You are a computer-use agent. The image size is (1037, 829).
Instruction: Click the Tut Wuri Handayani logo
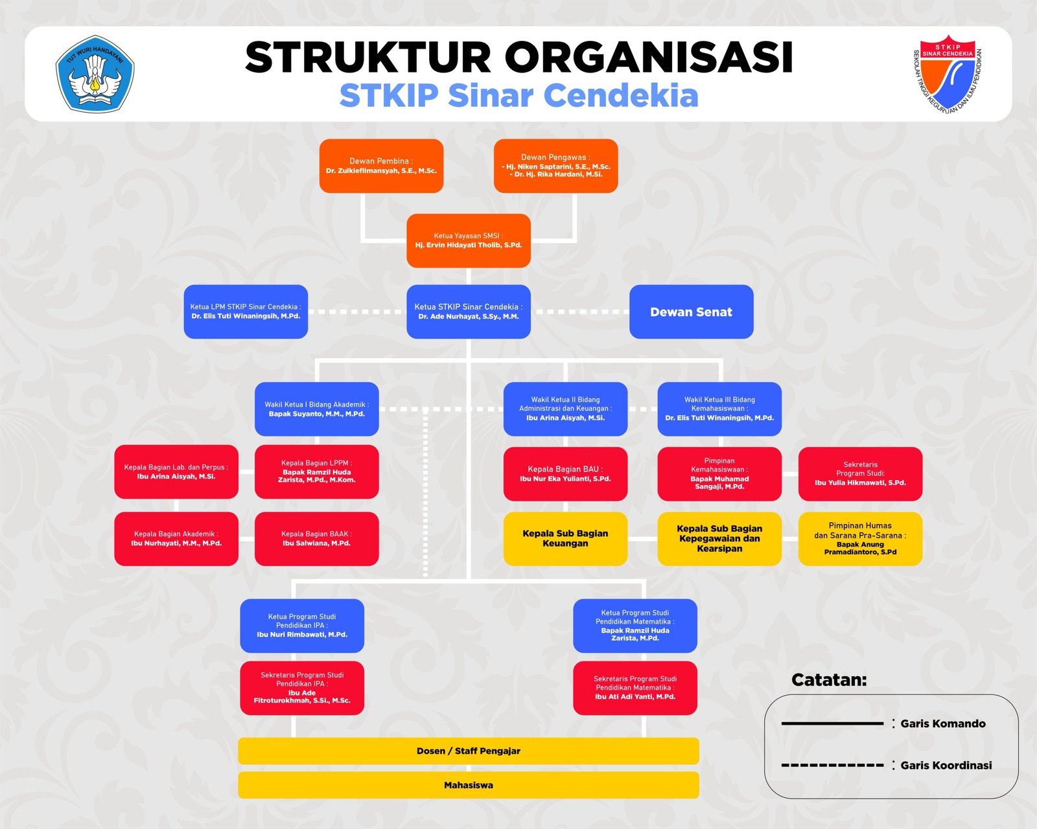click(95, 74)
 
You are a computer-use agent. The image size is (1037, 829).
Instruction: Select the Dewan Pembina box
click(381, 166)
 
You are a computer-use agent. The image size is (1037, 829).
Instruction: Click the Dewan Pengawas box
click(555, 166)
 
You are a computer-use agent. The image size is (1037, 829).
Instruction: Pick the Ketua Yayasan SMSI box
click(469, 240)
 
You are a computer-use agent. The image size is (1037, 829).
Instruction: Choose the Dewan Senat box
click(691, 312)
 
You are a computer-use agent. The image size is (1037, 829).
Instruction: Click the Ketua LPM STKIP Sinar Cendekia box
click(246, 312)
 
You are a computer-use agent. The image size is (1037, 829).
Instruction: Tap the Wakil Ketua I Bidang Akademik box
click(316, 409)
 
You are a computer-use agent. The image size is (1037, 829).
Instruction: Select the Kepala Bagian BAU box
click(565, 474)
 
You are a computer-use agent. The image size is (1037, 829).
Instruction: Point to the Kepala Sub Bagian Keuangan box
click(565, 539)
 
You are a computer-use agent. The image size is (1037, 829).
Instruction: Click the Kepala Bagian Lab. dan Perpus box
click(176, 471)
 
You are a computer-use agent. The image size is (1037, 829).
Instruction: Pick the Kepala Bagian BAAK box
click(316, 539)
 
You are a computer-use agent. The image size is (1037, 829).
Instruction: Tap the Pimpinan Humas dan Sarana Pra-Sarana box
click(860, 539)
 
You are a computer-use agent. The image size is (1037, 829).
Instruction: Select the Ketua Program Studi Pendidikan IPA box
click(302, 626)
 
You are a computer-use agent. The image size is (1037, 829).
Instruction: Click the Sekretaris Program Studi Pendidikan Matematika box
click(635, 688)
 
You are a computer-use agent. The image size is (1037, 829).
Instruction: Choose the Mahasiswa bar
click(469, 785)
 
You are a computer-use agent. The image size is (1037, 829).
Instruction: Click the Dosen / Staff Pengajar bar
click(469, 751)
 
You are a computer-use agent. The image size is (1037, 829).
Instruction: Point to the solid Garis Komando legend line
click(832, 723)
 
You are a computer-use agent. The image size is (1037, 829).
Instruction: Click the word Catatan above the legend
click(829, 679)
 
